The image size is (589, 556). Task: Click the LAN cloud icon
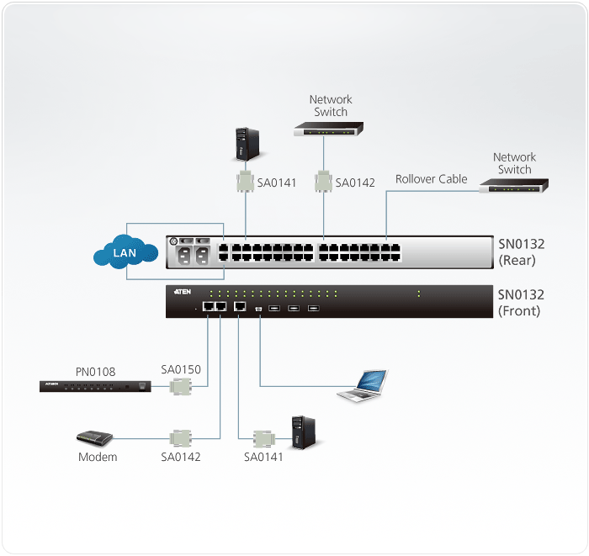[x=126, y=252]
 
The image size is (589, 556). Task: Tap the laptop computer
[x=363, y=384]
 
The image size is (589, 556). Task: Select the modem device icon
[x=94, y=438]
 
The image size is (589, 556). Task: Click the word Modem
[x=98, y=458]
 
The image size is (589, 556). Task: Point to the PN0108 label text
[x=94, y=371]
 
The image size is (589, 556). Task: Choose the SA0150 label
[x=181, y=369]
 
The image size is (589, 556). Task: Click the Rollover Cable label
[x=431, y=179]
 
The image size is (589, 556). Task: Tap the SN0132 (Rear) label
[x=521, y=252]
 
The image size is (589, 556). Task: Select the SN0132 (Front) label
[x=521, y=303]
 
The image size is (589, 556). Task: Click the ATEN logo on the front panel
[x=183, y=291]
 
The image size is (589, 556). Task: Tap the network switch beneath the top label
[x=329, y=130]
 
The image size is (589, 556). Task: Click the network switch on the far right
[x=513, y=186]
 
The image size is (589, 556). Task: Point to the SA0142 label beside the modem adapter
[x=181, y=457]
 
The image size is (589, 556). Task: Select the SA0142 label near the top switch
[x=355, y=183]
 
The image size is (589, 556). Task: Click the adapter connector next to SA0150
[x=180, y=387]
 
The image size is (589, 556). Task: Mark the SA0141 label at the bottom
[x=263, y=457]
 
